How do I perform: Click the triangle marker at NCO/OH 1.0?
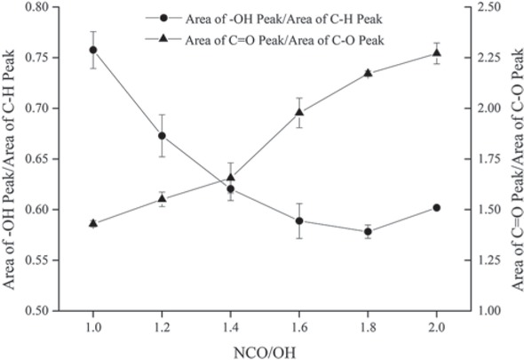coord(93,223)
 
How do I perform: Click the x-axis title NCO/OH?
coord(265,349)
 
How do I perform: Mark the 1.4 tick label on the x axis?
coord(230,327)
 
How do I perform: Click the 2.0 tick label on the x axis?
coord(436,327)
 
